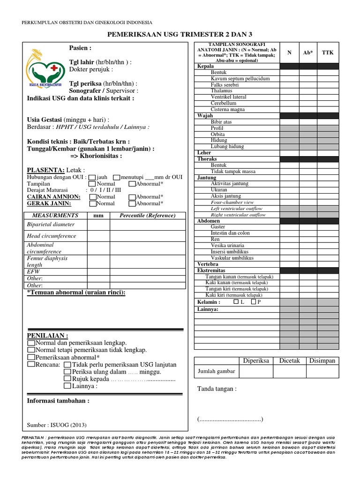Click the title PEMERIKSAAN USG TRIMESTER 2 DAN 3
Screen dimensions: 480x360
pos(180,34)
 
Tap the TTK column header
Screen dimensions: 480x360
pos(328,52)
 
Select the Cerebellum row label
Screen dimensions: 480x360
pos(224,103)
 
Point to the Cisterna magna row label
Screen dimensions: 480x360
pos(228,109)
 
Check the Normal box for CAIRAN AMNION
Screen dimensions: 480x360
pos(92,197)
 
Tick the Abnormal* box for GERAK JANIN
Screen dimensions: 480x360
pos(132,203)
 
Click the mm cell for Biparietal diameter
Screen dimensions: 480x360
pos(98,225)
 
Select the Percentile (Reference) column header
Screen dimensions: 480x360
pos(147,215)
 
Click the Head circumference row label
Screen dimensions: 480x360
pos(51,236)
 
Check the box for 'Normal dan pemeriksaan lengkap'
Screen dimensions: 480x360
pos(31,344)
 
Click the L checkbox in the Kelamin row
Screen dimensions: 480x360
pos(236,302)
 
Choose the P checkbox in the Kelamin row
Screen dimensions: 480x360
pos(254,302)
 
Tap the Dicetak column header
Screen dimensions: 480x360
pos(290,360)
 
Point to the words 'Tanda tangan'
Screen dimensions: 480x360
pos(217,389)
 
